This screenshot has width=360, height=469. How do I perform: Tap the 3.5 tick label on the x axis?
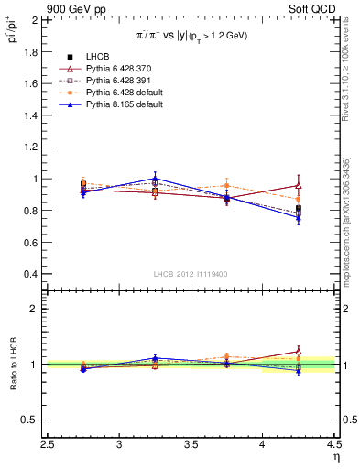(x=191, y=446)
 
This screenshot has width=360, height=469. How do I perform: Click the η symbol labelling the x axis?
(x=334, y=457)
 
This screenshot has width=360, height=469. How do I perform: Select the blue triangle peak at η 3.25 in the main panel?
(x=155, y=179)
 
